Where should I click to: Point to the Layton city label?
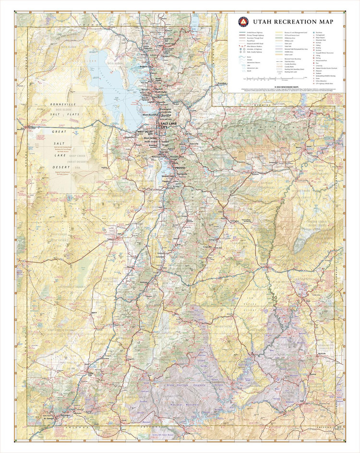point(149,102)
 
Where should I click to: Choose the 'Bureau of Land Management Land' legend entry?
point(296,32)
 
